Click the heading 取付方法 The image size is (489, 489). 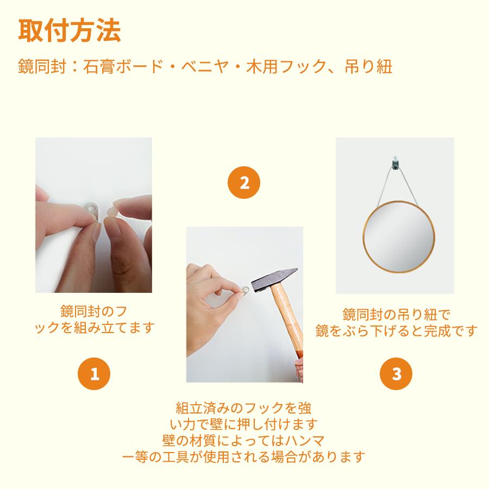coord(70,31)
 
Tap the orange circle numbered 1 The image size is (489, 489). coord(95,374)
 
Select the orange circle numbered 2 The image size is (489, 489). coord(244,183)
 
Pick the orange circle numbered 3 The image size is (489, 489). coord(396,374)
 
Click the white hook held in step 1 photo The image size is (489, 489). coord(92,208)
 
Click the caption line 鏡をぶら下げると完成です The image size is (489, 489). coord(397,330)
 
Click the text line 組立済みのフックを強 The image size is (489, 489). coord(243,407)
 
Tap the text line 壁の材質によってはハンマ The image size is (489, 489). coord(243,440)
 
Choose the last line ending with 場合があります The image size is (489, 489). coord(243,456)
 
